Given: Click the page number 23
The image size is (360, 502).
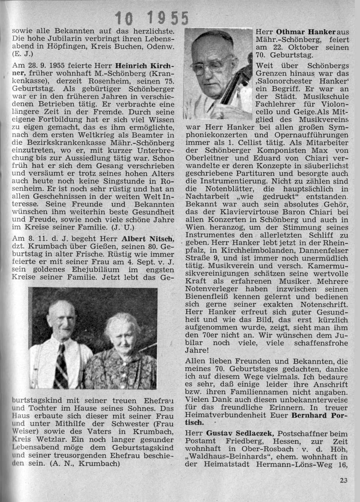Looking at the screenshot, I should pyautogui.click(x=343, y=480).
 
